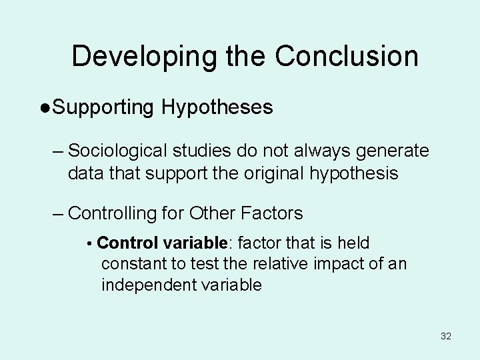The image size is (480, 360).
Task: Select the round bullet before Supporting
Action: point(45,108)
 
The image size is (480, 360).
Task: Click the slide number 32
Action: point(446,336)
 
